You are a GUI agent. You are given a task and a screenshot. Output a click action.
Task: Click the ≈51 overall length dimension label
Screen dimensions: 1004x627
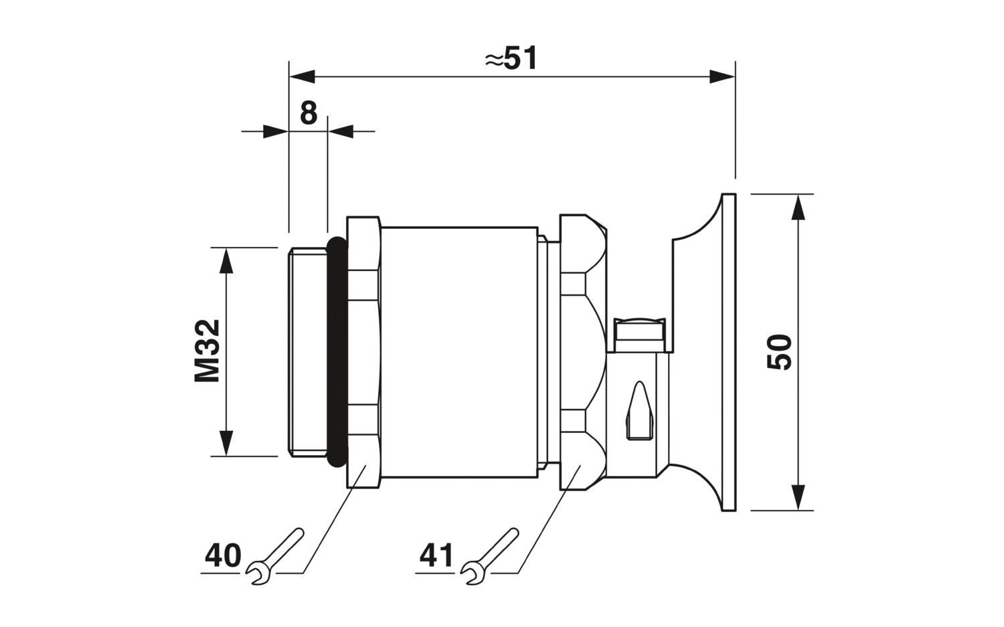coord(511,58)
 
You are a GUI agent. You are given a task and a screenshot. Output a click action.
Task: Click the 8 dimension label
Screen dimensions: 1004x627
coord(309,113)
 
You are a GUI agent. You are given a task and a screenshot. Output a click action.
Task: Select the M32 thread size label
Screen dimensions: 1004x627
coord(207,351)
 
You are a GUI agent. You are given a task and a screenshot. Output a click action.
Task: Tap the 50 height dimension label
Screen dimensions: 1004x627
coord(780,352)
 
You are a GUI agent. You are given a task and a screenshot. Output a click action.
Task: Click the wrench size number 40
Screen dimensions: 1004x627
coord(223,556)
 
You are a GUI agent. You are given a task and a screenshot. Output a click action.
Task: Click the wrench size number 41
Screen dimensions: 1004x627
coord(436,556)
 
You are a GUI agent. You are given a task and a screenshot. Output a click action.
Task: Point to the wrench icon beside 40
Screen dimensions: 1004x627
coord(274,556)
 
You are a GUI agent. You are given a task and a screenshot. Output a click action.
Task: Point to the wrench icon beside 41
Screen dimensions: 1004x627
coord(489,556)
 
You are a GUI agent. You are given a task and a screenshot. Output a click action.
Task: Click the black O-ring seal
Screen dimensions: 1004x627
coord(337,352)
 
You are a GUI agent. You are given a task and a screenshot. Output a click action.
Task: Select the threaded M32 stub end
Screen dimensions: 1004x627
coord(307,352)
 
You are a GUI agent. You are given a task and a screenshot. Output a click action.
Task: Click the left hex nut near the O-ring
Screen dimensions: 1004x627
coord(363,352)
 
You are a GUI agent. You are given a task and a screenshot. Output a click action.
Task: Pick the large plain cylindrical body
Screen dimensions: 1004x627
coord(459,352)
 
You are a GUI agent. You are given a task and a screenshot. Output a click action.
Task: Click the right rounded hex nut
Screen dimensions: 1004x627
coord(584,352)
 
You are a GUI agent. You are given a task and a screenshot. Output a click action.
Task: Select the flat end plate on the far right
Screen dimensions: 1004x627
coord(728,352)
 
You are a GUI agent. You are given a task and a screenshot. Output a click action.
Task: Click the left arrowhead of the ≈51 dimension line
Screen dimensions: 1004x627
coord(302,77)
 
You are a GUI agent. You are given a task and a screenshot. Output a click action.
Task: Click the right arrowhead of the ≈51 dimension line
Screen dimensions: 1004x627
coord(722,77)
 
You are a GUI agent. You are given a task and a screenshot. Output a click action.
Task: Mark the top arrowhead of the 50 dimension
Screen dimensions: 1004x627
coord(799,207)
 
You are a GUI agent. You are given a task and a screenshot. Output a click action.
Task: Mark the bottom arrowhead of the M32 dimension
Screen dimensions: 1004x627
coord(226,443)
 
